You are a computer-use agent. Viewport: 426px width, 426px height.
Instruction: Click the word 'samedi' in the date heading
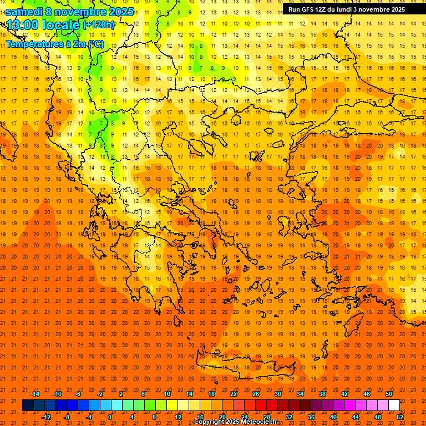tap(24, 12)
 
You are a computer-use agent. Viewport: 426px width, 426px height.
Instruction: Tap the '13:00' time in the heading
tap(23, 25)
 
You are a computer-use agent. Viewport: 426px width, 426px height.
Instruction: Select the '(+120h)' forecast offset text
tap(99, 25)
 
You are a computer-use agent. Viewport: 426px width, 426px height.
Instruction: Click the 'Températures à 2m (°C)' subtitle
tap(54, 44)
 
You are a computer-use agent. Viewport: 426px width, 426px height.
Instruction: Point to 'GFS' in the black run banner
tap(310, 9)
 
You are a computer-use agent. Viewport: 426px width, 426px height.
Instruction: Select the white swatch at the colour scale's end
tap(394, 405)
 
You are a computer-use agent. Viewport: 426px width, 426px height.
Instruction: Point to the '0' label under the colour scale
tap(109, 417)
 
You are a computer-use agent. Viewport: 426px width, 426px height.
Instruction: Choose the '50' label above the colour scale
tap(389, 394)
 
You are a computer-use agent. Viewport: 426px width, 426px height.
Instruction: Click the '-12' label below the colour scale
tap(46, 417)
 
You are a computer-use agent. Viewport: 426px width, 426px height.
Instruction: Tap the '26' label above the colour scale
tap(256, 394)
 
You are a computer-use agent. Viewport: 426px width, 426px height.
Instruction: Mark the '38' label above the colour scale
tap(322, 394)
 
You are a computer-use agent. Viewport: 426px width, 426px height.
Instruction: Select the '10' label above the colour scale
tap(167, 394)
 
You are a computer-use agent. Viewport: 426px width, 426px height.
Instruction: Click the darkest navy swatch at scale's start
tap(28, 405)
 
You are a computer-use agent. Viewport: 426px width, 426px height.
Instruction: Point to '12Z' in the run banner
tap(325, 9)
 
